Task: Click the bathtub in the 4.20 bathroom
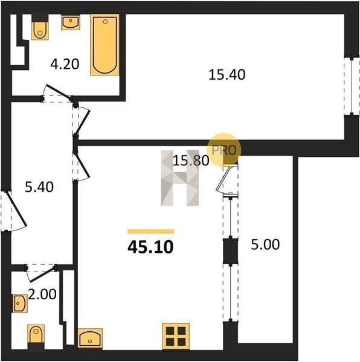click(x=105, y=45)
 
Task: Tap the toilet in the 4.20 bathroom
click(x=40, y=30)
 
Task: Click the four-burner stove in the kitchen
click(x=176, y=337)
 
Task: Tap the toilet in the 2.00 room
click(x=36, y=335)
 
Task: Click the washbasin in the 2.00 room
click(x=20, y=303)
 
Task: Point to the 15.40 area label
click(x=227, y=75)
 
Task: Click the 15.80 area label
click(x=191, y=160)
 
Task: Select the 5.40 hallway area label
click(x=39, y=187)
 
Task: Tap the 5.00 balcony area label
click(x=265, y=245)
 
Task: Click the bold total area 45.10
click(x=150, y=247)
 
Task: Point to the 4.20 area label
click(x=65, y=64)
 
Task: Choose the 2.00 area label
click(x=42, y=294)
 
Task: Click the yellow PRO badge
click(x=223, y=150)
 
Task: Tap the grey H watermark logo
click(x=180, y=178)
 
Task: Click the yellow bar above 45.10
click(x=150, y=231)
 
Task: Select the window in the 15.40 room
click(x=352, y=86)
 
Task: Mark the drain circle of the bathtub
click(x=105, y=22)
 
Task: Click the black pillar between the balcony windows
click(x=230, y=251)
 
